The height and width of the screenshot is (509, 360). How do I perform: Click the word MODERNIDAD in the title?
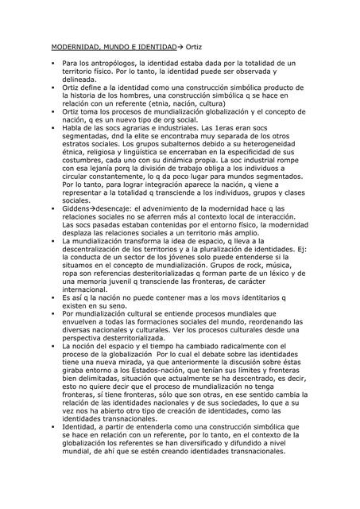66,49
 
